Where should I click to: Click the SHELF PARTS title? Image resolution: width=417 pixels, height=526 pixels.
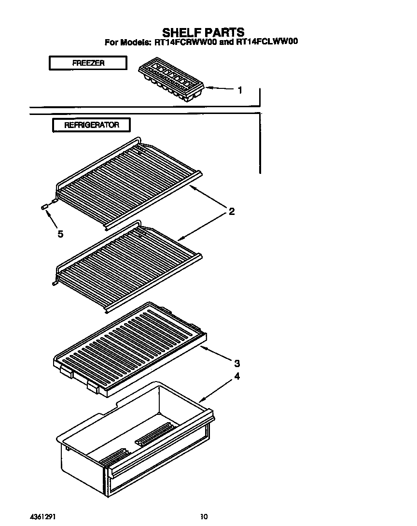[203, 32]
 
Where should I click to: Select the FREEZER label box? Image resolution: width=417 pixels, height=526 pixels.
[88, 63]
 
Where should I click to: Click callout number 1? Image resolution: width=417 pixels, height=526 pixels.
[240, 90]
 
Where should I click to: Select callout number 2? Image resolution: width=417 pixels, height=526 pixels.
[232, 211]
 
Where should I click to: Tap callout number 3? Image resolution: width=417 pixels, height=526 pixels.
[237, 363]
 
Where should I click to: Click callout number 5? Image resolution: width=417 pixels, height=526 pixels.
[60, 234]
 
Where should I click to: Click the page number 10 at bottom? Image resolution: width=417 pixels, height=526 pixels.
[204, 516]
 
